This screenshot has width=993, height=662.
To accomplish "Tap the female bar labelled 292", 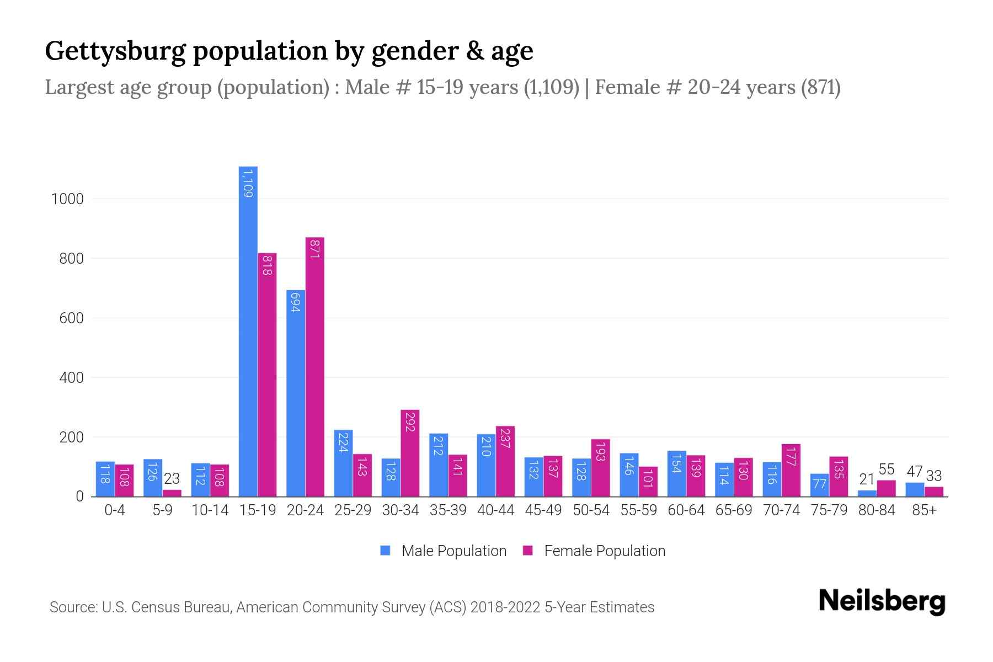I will coord(410,452).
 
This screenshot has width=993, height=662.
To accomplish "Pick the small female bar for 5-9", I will coord(172,493).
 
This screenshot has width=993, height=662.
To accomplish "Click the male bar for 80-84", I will coord(867,493).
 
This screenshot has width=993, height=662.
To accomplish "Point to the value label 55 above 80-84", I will coord(886,469).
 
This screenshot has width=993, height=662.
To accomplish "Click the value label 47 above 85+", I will coord(915,472).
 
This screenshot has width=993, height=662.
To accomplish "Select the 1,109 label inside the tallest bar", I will coord(248,184).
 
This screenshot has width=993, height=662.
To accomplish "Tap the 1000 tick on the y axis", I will coord(67,199).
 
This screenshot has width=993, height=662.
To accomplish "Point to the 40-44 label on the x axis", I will coord(495,510).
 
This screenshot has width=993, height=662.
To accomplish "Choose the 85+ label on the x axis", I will coord(924,510).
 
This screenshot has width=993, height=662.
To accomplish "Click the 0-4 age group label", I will coord(115,510).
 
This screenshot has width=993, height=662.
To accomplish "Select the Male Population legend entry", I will coord(453,551).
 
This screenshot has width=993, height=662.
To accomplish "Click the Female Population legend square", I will coord(528,551).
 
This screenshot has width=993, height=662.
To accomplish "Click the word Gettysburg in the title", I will coord(116,51).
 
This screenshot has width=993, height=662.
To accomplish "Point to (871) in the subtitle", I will coord(820,87).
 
